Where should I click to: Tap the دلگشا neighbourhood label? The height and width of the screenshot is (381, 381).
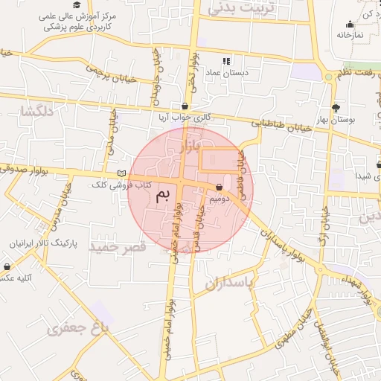coord(36,112)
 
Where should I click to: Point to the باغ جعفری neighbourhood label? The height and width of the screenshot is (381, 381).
coord(75,327)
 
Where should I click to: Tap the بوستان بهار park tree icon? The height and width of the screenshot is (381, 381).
coord(336,107)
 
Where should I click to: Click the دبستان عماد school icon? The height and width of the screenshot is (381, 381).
coord(226,60)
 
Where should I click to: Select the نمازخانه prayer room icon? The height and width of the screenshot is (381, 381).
coord(350,24)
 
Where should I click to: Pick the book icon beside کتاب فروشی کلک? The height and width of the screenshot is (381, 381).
coord(121,173)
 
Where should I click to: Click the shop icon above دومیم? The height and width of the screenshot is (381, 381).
coord(219,188)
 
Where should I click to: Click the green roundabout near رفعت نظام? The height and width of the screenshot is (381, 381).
coord(329,77)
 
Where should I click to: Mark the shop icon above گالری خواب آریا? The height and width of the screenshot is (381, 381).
coord(185,106)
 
